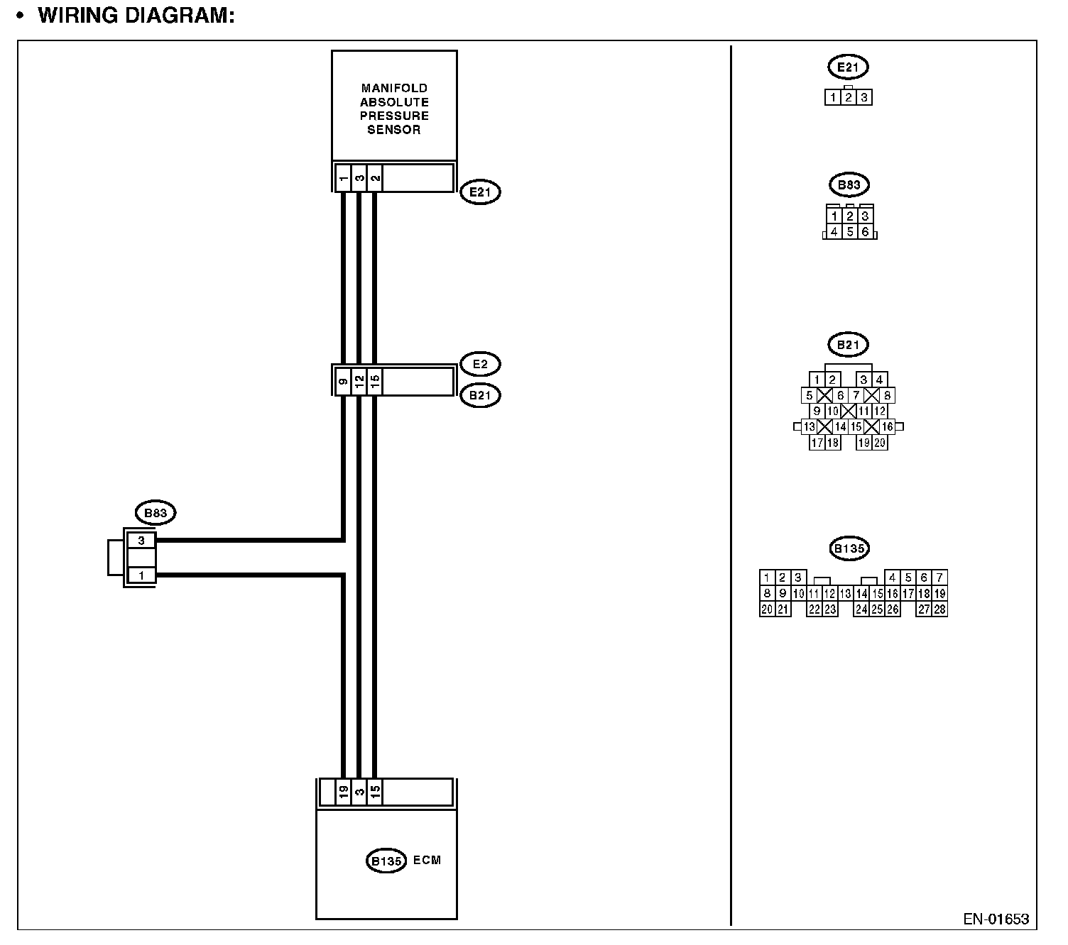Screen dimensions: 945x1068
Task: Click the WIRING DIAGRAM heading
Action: pyautogui.click(x=136, y=16)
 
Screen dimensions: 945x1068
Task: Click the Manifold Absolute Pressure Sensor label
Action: pyautogui.click(x=394, y=109)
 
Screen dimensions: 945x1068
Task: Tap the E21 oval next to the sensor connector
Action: pyautogui.click(x=480, y=192)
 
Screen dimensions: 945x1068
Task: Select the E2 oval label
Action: pyautogui.click(x=480, y=364)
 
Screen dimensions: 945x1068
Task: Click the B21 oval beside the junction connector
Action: pyautogui.click(x=480, y=395)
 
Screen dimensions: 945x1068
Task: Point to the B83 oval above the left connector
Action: pyautogui.click(x=155, y=513)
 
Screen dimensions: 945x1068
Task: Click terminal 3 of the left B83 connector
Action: pyautogui.click(x=141, y=541)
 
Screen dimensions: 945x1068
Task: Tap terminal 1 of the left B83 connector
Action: pyautogui.click(x=141, y=575)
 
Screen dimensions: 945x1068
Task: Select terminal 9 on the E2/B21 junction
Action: pyautogui.click(x=343, y=382)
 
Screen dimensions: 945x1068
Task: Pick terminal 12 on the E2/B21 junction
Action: pyautogui.click(x=359, y=382)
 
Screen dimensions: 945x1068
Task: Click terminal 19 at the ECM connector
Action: pyautogui.click(x=343, y=792)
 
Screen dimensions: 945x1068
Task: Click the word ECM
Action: pyautogui.click(x=427, y=860)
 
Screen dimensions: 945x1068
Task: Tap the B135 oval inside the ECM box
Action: pyautogui.click(x=386, y=861)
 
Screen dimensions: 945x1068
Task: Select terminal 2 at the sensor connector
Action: pyautogui.click(x=375, y=177)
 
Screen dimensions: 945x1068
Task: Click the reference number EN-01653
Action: pyautogui.click(x=996, y=919)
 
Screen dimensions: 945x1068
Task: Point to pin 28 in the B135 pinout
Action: pyautogui.click(x=939, y=609)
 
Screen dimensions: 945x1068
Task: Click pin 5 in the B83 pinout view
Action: pyautogui.click(x=849, y=232)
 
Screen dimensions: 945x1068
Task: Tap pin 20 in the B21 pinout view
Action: pyautogui.click(x=880, y=443)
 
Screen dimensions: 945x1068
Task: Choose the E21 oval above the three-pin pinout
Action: pyautogui.click(x=848, y=67)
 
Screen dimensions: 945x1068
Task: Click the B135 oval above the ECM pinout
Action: pyautogui.click(x=849, y=548)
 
